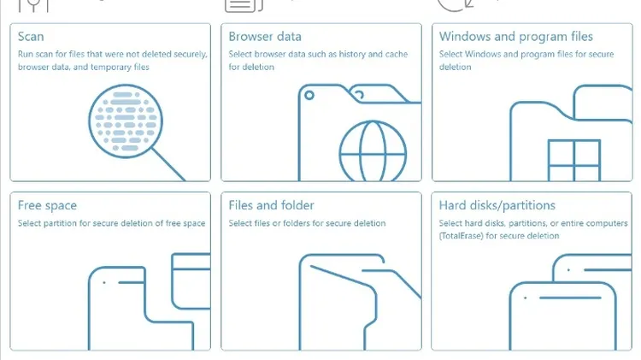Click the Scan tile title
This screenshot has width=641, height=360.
pos(31,37)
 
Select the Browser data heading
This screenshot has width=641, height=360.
pos(265,37)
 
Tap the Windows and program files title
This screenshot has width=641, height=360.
pos(516,37)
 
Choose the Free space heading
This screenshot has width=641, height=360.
pos(47,205)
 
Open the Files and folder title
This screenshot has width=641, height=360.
pos(271,205)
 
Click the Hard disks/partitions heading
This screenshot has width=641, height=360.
pos(497,205)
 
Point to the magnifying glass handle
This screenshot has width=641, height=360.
pos(168,164)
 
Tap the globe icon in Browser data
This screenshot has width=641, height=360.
pos(373,151)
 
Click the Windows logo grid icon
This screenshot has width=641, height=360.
pos(574,161)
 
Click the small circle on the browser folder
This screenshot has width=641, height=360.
pos(309,95)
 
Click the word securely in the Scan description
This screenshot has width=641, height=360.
pos(191,55)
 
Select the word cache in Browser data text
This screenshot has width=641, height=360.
pos(396,55)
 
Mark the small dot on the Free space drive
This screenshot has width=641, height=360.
pos(104,282)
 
